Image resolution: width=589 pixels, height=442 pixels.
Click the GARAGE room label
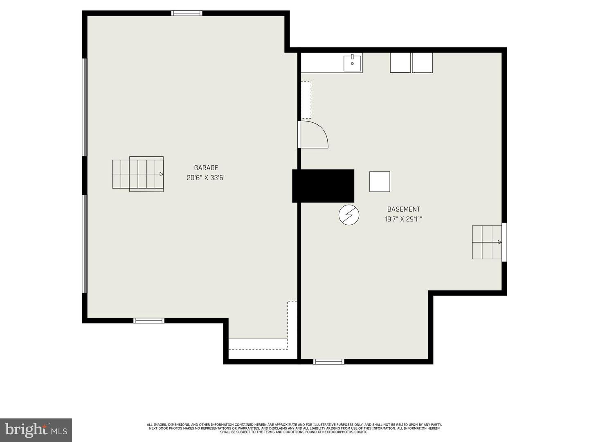point(206,168)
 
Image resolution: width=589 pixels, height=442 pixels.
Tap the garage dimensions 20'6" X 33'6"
point(206,178)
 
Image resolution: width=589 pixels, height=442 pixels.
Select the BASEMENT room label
point(403,209)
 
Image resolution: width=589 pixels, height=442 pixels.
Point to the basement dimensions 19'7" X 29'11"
point(403,219)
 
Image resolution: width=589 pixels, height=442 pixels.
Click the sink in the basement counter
point(352,63)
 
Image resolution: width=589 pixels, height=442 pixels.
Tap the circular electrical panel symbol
point(349,215)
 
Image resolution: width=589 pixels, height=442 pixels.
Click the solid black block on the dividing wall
point(323,186)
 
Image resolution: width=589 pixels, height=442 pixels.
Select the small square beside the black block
point(380,181)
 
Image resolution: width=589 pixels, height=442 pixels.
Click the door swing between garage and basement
point(313,134)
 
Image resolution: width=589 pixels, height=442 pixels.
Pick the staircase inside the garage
point(138,174)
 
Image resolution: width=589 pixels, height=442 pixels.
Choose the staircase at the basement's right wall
point(487,242)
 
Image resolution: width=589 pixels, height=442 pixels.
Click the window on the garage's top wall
point(187,13)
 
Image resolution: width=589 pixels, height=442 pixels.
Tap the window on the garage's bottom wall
point(149,320)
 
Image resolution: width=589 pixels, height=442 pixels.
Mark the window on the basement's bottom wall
point(328,361)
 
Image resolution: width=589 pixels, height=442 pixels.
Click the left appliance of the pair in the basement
point(400,63)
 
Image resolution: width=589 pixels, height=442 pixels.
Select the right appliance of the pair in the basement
point(422,63)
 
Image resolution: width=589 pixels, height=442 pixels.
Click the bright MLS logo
point(36,430)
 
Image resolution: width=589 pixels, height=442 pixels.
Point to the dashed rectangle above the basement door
point(306,100)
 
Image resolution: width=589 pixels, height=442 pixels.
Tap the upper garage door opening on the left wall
point(85,107)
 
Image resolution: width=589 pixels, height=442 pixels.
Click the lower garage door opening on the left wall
point(85,244)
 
